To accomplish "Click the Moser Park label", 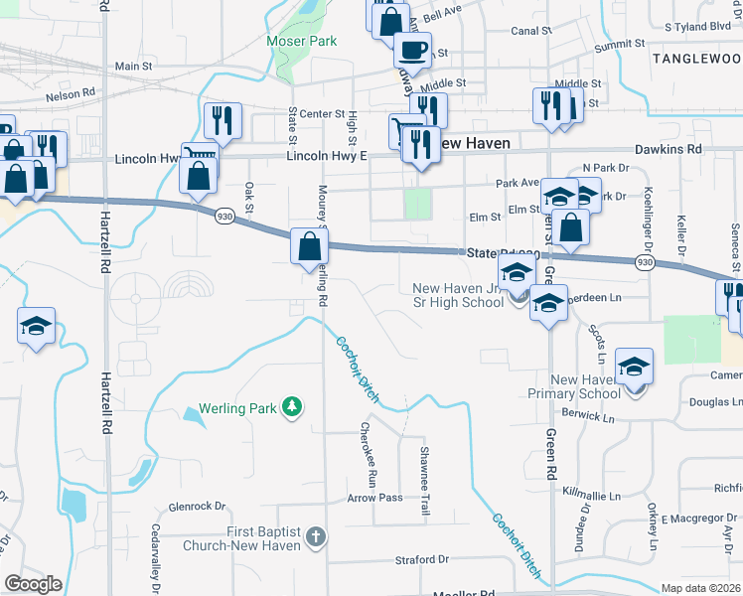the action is [x=302, y=41].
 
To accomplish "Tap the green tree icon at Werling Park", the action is [x=291, y=406].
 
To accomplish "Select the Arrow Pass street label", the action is [x=374, y=498].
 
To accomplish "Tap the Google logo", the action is [x=34, y=584].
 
